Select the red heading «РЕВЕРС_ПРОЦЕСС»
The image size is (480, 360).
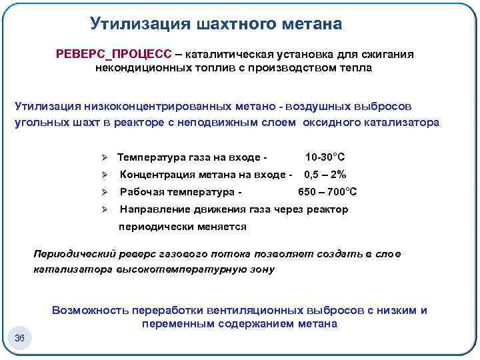pyautogui.click(x=113, y=54)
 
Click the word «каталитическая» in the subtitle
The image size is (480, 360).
pyautogui.click(x=230, y=54)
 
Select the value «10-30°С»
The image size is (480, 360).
pyautogui.click(x=325, y=157)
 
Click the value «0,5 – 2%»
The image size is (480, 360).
pyautogui.click(x=325, y=175)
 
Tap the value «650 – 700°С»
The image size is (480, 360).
pyautogui.click(x=327, y=192)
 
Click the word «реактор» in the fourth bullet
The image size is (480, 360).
pyautogui.click(x=328, y=209)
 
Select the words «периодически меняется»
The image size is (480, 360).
pyautogui.click(x=182, y=227)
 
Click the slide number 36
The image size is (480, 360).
pyautogui.click(x=19, y=339)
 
